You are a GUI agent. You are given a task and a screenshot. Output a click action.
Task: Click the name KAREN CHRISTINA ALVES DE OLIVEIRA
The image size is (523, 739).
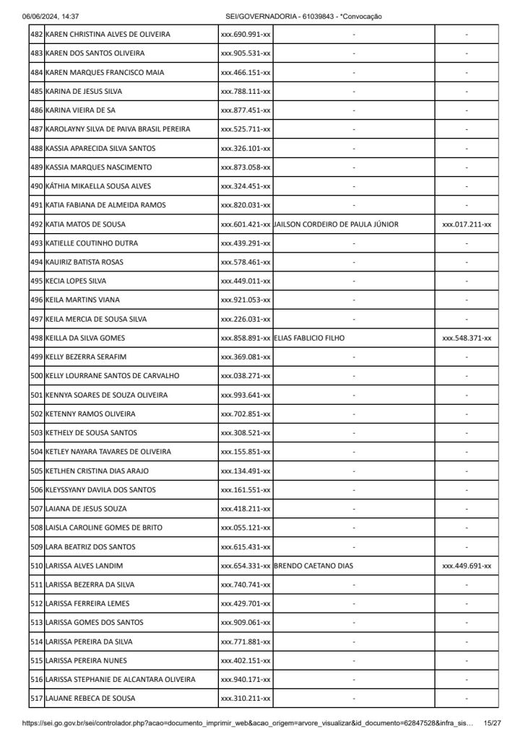pos(108,35)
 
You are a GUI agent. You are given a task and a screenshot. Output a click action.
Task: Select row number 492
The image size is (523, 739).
pos(36,224)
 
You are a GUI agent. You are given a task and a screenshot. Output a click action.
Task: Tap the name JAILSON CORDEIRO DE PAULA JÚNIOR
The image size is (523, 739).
pos(337,224)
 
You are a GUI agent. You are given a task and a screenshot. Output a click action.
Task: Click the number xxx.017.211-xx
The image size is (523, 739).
pos(467,224)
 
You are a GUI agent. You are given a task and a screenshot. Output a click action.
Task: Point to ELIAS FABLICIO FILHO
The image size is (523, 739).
pos(310,338)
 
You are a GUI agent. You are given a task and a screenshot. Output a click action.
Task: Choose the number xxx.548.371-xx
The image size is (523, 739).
pos(467,338)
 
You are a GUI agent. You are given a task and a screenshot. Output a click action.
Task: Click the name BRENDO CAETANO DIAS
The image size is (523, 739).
pos(314,566)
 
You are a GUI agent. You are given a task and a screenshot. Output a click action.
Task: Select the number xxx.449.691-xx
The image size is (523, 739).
pos(467,566)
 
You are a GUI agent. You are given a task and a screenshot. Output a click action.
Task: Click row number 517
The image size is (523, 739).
pos(36,698)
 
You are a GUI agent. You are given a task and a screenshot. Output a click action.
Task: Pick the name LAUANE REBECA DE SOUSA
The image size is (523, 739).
pos(90,698)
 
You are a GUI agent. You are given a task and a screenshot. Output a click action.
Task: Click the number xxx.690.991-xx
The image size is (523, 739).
pos(246,35)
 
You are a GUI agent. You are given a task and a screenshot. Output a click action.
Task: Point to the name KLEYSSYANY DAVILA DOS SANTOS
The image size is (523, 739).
pos(100,490)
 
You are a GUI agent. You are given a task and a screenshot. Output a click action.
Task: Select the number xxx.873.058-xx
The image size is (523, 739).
pos(246,167)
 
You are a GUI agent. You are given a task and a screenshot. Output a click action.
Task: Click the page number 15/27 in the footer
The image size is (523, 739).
pos(493,722)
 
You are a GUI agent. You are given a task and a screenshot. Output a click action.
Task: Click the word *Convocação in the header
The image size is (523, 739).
pos(360,16)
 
